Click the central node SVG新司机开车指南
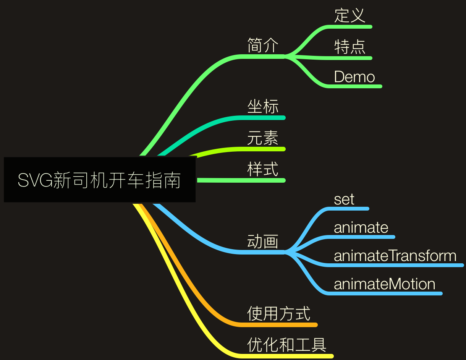[99, 180]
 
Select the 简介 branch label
[263, 45]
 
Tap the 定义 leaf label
[350, 16]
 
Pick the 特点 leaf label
[350, 47]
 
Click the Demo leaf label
[354, 77]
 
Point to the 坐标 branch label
[263, 106]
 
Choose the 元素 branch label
[263, 138]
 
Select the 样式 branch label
[263, 169]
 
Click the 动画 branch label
[263, 242]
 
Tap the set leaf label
[344, 199]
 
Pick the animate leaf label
[361, 227]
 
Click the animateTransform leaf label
[395, 256]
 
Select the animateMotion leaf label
[384, 284]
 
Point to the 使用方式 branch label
[278, 313]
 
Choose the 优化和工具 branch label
[286, 345]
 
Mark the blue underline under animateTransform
[393, 265]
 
